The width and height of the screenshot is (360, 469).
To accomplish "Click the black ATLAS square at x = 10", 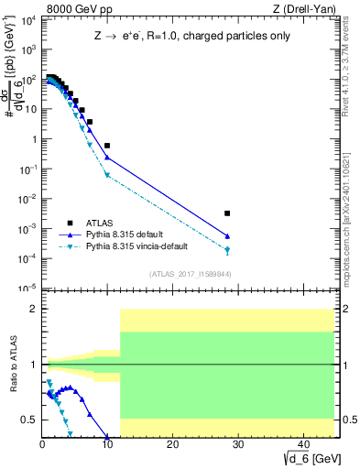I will [x=107, y=146].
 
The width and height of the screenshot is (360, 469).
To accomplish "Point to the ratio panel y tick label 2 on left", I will [x=33, y=309].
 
